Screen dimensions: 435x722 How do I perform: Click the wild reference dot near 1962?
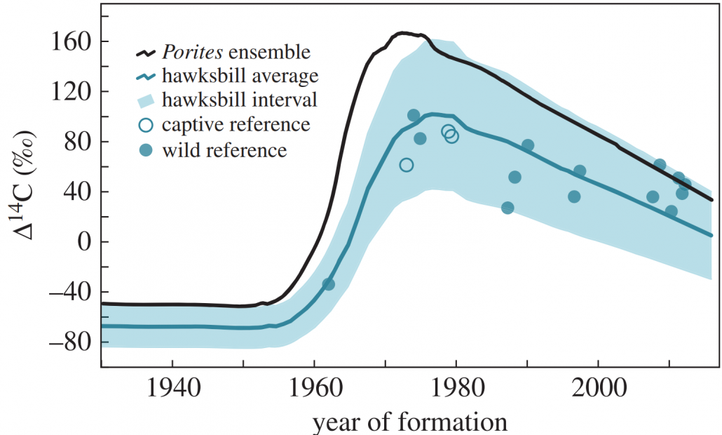tap(328, 284)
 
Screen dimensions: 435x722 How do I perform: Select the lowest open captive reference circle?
tap(406, 165)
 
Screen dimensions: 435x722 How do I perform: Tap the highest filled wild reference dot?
tap(414, 115)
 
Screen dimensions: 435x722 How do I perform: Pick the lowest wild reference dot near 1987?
tap(508, 208)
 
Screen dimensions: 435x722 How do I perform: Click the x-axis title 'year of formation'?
tap(409, 422)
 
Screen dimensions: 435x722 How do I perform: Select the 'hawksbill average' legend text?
tap(240, 76)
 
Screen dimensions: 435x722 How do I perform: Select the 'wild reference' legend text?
tap(224, 150)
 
